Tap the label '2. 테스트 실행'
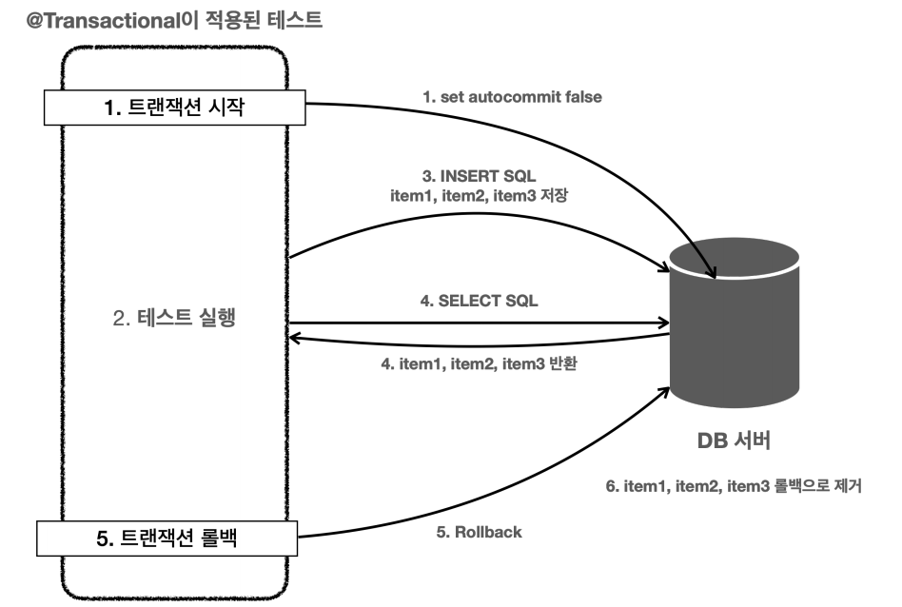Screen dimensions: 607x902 coord(174,319)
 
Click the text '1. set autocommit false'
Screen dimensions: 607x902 coord(512,96)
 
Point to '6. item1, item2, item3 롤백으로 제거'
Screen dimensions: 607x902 coord(734,486)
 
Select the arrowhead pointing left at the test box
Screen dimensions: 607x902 coord(295,335)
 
